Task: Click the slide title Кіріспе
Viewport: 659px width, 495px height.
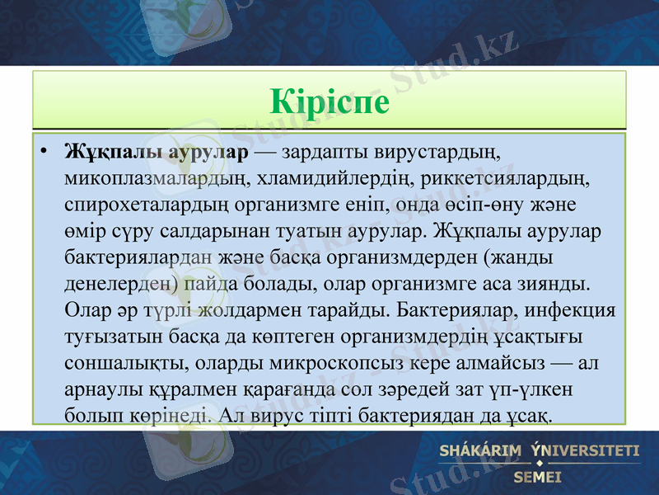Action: pyautogui.click(x=329, y=101)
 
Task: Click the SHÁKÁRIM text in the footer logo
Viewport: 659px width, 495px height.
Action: pyautogui.click(x=482, y=450)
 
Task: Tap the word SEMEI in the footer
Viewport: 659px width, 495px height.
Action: pyautogui.click(x=537, y=477)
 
